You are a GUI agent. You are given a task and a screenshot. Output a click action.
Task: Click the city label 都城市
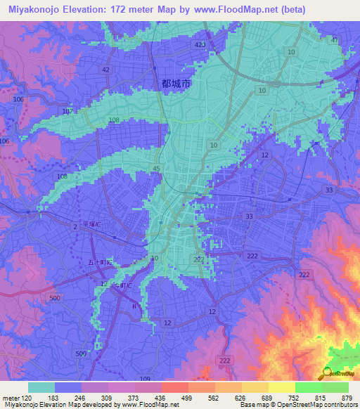176,83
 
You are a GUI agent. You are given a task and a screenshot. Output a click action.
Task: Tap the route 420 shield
200,44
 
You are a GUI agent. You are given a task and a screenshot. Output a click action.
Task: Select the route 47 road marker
335,41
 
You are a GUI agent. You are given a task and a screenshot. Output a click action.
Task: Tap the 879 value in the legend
346,398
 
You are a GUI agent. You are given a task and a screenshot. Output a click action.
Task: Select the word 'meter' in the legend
12,398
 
